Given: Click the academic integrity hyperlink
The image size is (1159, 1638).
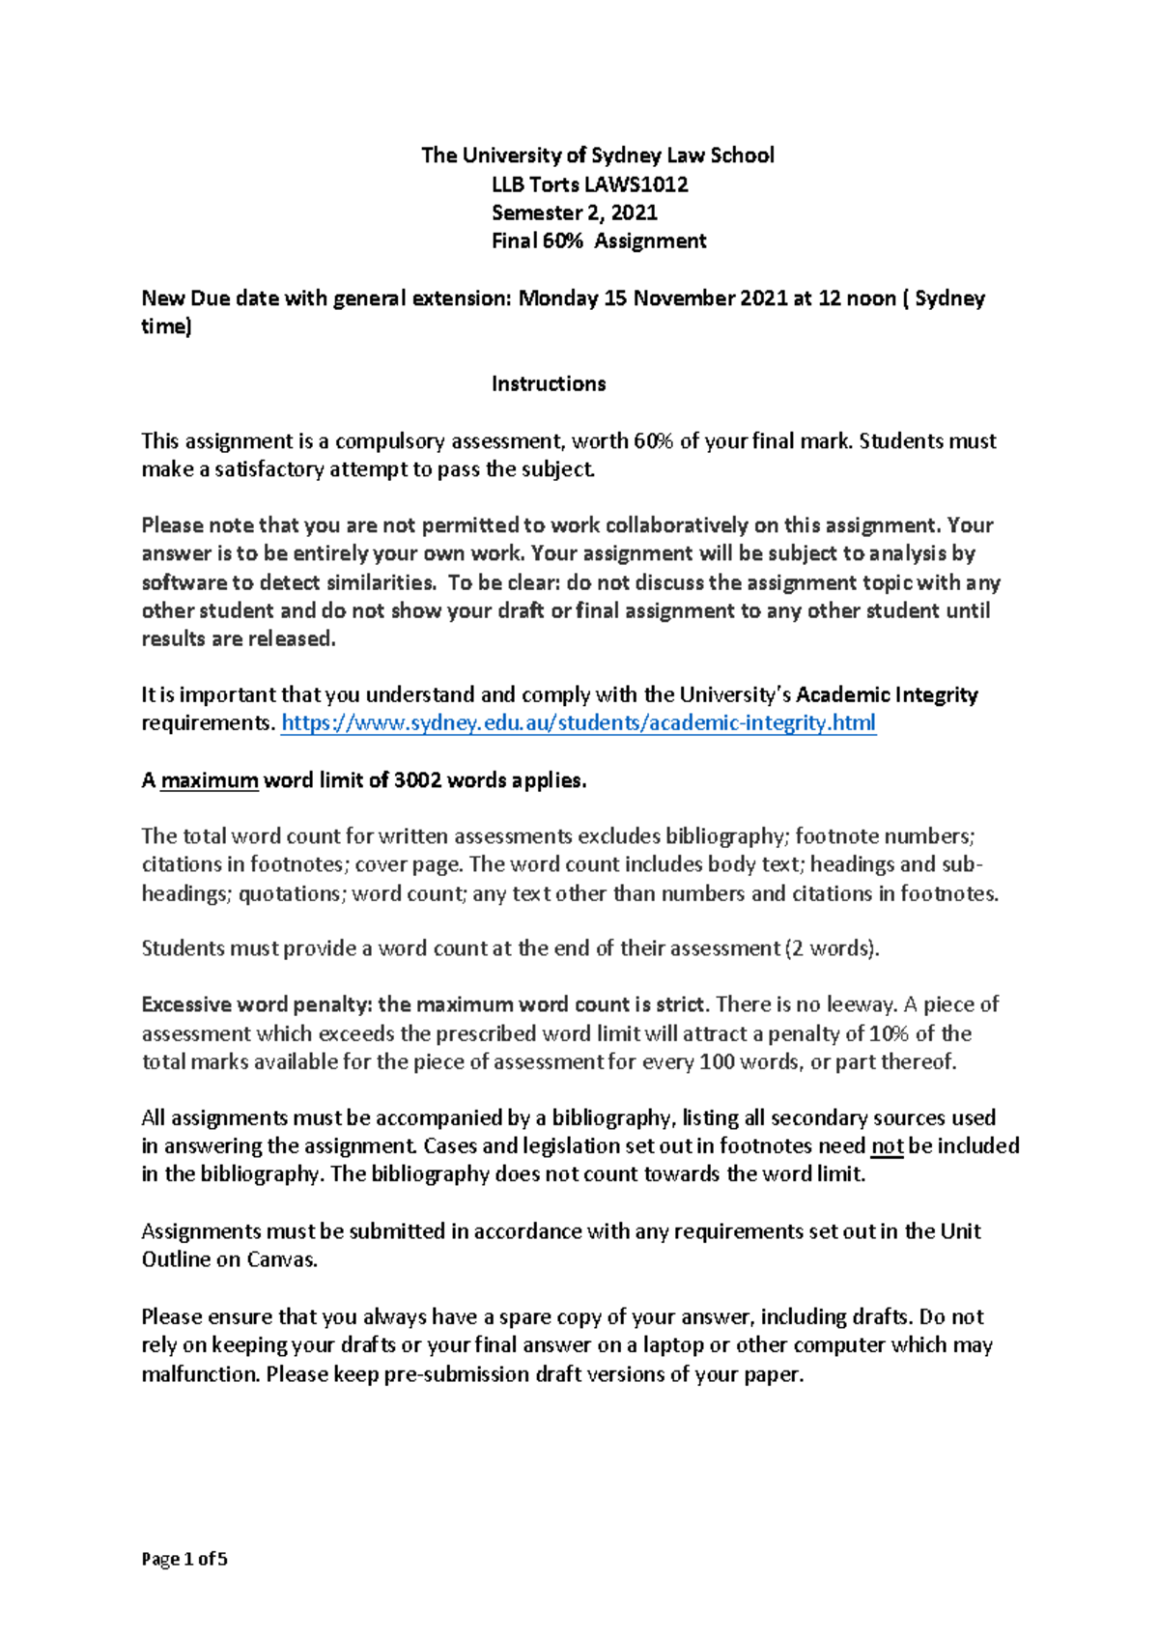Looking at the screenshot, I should click(578, 723).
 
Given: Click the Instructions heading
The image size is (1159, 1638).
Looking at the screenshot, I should click(549, 384).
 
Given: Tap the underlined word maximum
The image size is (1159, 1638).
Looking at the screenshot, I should click(210, 780).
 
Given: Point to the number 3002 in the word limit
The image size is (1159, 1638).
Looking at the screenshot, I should click(417, 780).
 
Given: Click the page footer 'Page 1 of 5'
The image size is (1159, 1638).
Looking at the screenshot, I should click(184, 1559).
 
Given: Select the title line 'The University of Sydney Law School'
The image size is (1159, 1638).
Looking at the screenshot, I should click(598, 155).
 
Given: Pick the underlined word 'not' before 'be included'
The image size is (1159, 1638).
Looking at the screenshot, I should click(887, 1146).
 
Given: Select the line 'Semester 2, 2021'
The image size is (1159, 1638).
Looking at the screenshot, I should click(575, 212).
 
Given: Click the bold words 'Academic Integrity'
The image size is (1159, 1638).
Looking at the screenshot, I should click(887, 695).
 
